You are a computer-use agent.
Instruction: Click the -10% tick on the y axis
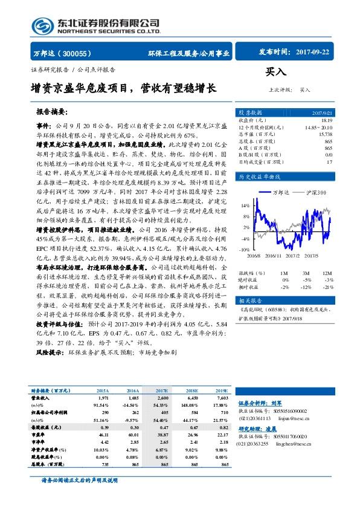[x=244, y=249]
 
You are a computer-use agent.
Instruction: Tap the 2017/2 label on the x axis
[x=292, y=256]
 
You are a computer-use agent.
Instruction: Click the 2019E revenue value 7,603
[x=221, y=398]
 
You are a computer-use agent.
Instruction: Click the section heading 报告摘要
[x=52, y=112]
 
